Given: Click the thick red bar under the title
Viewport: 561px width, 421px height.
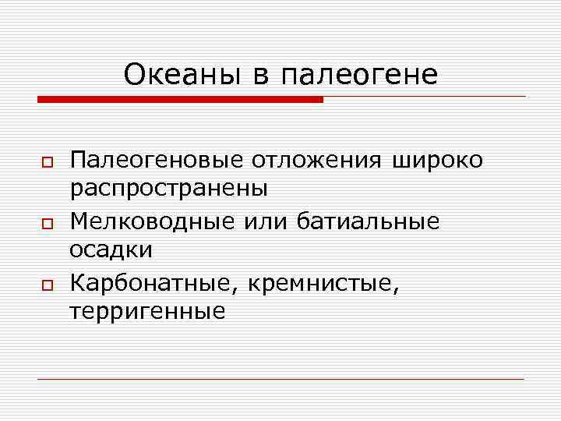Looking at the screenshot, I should pos(180,99).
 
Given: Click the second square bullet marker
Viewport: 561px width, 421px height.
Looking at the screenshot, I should pos(47,224).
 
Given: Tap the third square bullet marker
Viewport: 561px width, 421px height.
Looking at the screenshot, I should pos(47,285).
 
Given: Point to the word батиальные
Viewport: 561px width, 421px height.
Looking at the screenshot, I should pos(369,222).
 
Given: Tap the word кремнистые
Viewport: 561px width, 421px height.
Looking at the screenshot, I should pos(321,284).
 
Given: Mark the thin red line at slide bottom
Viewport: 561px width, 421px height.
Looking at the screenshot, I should pos(280,379).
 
